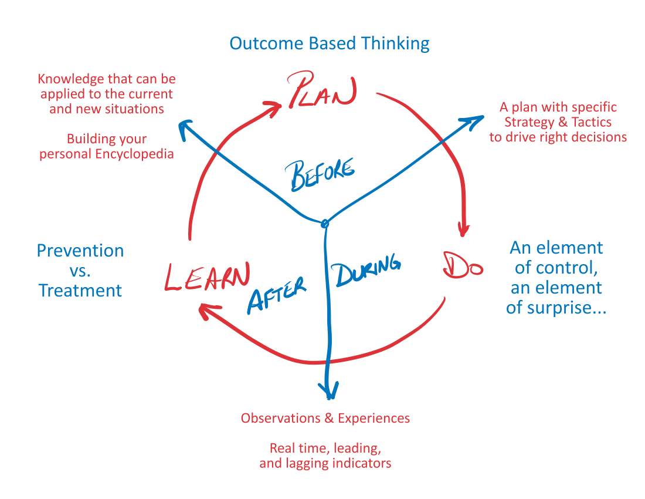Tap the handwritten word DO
point(463,265)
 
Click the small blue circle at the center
point(325,223)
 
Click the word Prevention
point(80,251)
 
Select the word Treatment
point(80,290)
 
